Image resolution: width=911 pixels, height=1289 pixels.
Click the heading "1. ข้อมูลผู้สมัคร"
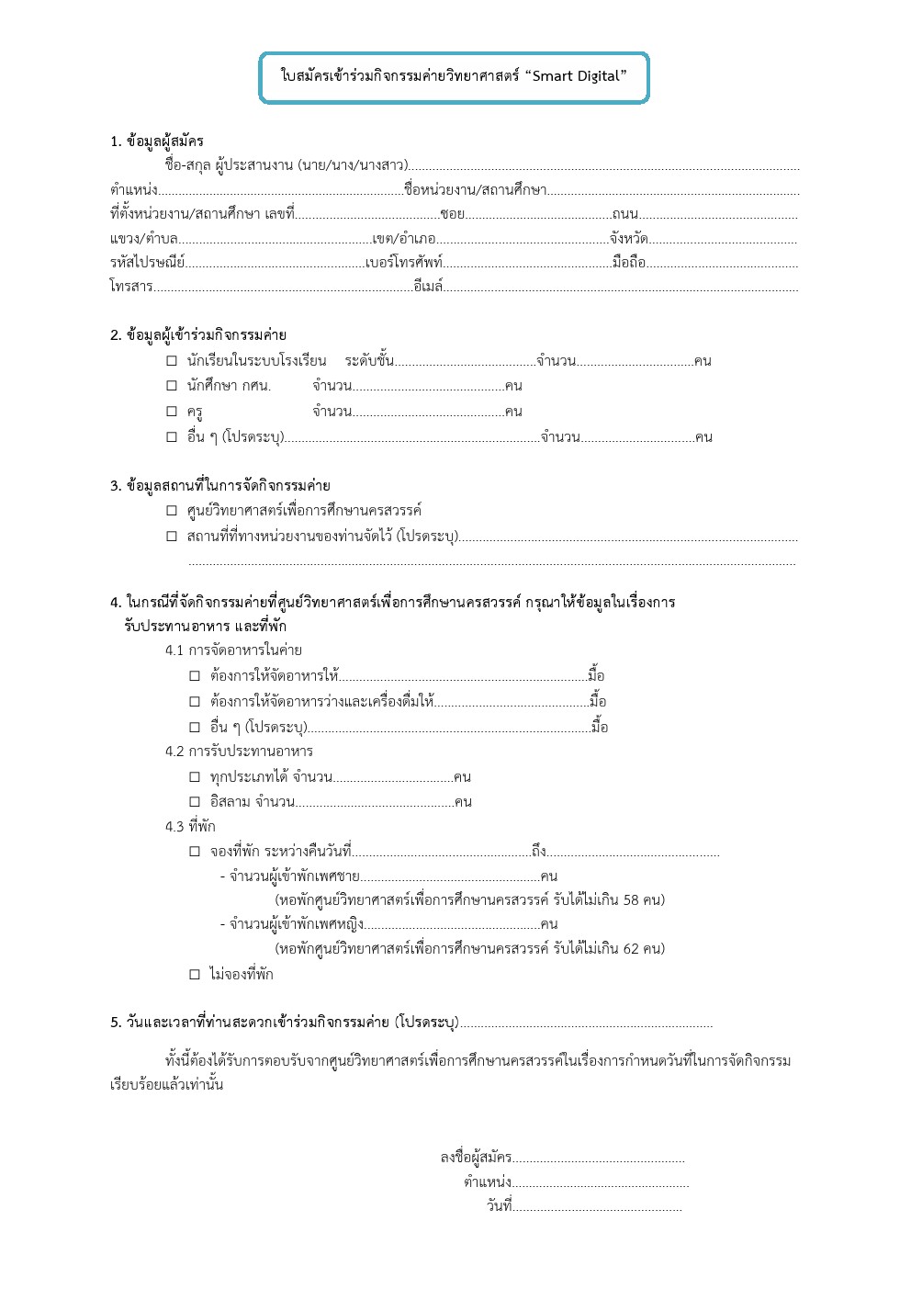(157, 141)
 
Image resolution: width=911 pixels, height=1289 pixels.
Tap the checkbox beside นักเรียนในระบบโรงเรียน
(172, 361)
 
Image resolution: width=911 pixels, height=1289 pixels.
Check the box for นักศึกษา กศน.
(172, 386)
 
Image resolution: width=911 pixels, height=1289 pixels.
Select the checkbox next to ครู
(172, 412)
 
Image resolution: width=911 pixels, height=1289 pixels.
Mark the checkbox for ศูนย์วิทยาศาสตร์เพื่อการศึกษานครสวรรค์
(172, 511)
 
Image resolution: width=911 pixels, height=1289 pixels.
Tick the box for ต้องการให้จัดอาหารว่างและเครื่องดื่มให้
(195, 702)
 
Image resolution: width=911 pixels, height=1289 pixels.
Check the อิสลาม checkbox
(195, 802)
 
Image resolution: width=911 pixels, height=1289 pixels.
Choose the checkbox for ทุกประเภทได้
(195, 777)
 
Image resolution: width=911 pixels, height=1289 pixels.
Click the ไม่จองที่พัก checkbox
(195, 974)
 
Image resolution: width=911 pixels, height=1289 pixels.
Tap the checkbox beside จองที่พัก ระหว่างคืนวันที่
(195, 852)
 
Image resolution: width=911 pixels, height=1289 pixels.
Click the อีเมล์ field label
(429, 287)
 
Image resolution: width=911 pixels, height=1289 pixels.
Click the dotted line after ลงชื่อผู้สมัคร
(599, 1159)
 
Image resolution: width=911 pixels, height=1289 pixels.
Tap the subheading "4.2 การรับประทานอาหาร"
(239, 752)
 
